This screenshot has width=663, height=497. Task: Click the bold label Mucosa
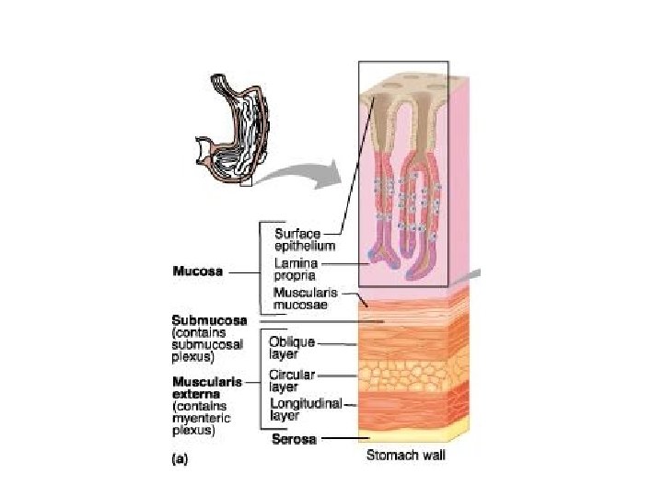point(198,272)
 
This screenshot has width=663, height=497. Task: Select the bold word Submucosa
point(209,319)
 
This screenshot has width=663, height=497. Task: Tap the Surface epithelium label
point(304,240)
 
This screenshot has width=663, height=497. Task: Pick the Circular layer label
point(292,380)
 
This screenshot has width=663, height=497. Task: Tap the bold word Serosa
point(294,439)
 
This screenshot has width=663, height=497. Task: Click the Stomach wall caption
point(406,455)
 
